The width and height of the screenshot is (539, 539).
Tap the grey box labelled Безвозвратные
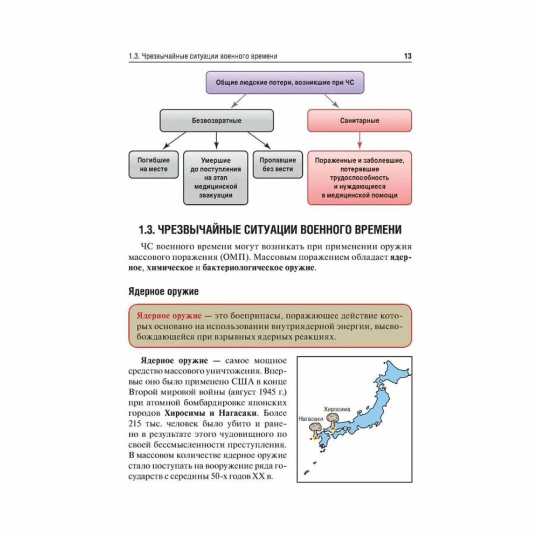(217, 121)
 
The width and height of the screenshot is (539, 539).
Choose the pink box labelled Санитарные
(360, 121)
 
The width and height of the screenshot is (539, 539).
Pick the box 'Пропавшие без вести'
(278, 164)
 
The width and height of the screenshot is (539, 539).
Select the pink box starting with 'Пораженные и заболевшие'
(360, 178)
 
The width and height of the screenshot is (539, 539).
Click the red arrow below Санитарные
(360, 142)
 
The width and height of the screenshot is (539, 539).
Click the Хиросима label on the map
(336, 410)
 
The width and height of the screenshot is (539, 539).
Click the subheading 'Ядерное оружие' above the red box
(163, 292)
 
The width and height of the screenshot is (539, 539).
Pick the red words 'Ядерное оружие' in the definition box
(169, 315)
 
